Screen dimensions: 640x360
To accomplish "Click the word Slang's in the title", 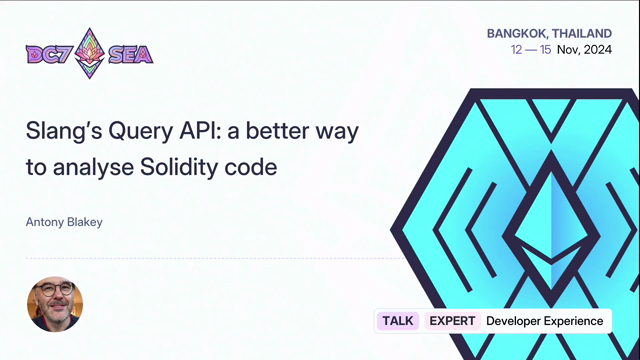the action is (x=64, y=131).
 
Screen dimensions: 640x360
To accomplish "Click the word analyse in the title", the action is (x=93, y=168).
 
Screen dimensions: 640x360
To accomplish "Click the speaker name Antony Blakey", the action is (x=64, y=222).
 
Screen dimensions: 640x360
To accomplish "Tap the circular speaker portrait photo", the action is (x=55, y=304).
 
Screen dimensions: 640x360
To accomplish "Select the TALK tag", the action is (x=398, y=321).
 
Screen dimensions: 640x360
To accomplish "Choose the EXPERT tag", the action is (x=452, y=321).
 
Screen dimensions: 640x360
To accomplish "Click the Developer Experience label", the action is (x=544, y=321).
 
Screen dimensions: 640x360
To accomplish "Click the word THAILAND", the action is (x=582, y=33).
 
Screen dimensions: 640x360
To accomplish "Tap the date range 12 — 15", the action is (x=531, y=50).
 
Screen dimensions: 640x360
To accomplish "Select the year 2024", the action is (x=598, y=50).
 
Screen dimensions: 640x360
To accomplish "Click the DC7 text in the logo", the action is (x=49, y=54).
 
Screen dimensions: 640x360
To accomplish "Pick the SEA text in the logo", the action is (x=131, y=54).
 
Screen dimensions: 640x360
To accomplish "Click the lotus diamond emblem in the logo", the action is (x=90, y=53).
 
